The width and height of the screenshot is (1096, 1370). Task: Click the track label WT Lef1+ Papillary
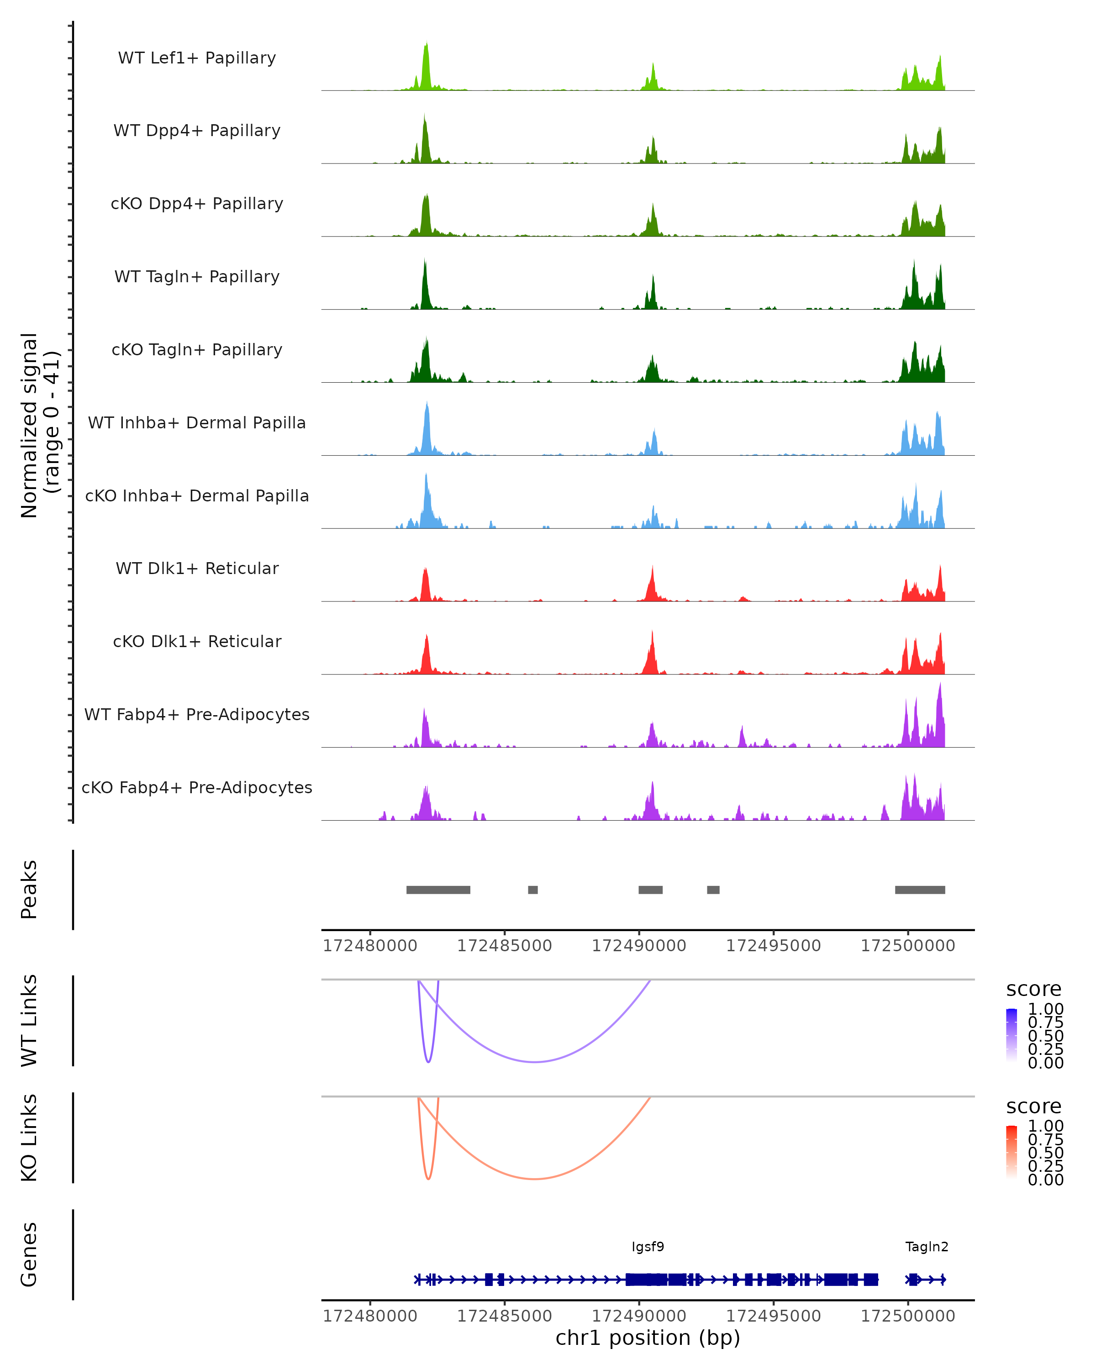197,58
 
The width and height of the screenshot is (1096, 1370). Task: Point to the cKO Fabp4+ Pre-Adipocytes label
197,787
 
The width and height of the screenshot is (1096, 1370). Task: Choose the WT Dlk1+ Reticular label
197,568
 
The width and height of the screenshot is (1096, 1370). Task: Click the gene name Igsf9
648,1247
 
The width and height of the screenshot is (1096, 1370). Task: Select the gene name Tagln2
927,1247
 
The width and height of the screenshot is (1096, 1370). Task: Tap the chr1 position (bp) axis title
648,1338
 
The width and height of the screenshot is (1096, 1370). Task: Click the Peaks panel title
29,890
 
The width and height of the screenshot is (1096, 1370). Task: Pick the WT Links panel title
29,1021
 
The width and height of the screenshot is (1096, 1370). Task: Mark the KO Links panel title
29,1138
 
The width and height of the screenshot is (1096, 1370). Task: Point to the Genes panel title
29,1254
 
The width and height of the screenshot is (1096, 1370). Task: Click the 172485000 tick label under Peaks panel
505,946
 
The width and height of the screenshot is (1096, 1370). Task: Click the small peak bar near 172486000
532,890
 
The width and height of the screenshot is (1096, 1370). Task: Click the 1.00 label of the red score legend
1045,1126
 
